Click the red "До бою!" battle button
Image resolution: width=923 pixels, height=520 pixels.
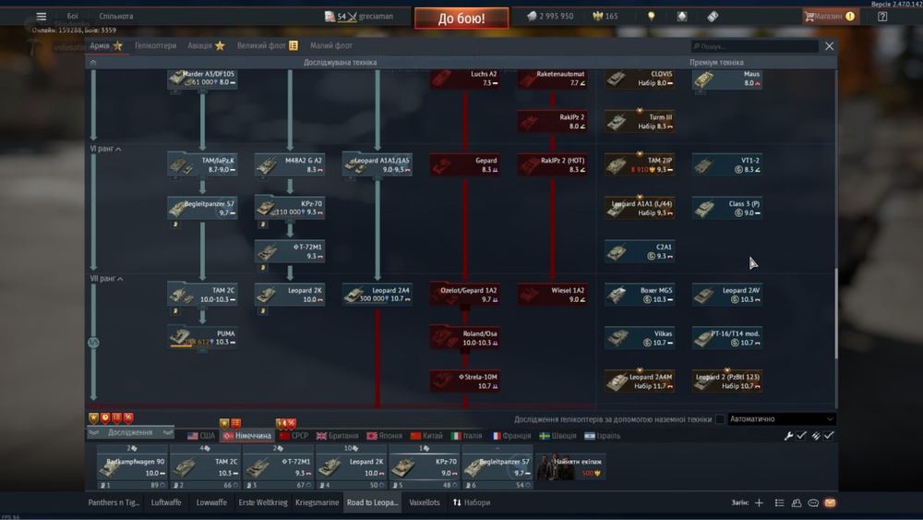[x=461, y=18]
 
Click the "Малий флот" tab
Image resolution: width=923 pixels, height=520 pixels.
[x=330, y=45]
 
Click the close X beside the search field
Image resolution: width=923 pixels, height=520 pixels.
[x=829, y=46]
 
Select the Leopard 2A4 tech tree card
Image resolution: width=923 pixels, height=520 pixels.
[x=378, y=295]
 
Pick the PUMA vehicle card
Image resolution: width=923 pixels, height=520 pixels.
[x=202, y=337]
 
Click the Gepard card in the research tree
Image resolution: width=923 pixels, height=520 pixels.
[x=465, y=164]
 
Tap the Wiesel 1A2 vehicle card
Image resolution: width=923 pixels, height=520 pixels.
[x=553, y=295]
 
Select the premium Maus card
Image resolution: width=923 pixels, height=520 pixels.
[x=727, y=79]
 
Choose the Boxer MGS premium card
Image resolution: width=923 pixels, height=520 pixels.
[x=640, y=295]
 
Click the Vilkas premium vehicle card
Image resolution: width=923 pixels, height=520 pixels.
[x=640, y=337]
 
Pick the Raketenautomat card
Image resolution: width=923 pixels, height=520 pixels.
[x=553, y=79]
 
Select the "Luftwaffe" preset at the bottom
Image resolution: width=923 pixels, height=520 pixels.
[x=166, y=502]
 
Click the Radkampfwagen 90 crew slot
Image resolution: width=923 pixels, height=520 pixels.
[x=132, y=466]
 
